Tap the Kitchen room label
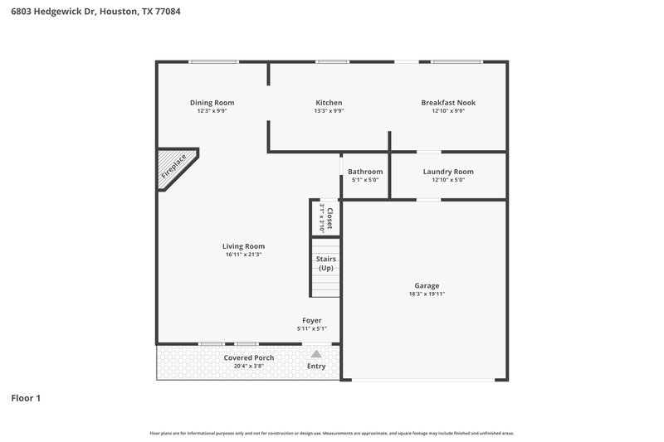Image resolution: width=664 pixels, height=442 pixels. (x=329, y=103)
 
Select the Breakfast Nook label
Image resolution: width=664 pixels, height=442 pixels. (x=448, y=103)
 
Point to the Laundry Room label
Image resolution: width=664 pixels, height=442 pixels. (x=448, y=172)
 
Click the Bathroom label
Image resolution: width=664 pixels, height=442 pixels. (x=365, y=172)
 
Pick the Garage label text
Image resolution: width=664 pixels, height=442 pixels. (x=427, y=285)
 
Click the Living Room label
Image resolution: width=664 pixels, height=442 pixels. (x=243, y=246)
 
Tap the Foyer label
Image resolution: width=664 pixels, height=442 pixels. (x=312, y=320)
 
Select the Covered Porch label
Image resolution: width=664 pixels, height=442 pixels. (x=249, y=357)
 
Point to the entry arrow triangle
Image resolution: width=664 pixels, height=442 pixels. (x=315, y=354)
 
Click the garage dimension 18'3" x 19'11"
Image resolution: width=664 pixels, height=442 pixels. (x=427, y=294)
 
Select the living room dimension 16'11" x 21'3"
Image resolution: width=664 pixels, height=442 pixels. (x=243, y=255)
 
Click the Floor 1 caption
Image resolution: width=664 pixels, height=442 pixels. (x=25, y=398)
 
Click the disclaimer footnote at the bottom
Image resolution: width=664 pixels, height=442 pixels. (x=332, y=433)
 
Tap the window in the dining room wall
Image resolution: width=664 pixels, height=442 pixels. (x=213, y=61)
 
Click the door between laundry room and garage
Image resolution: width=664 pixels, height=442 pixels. (x=428, y=199)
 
